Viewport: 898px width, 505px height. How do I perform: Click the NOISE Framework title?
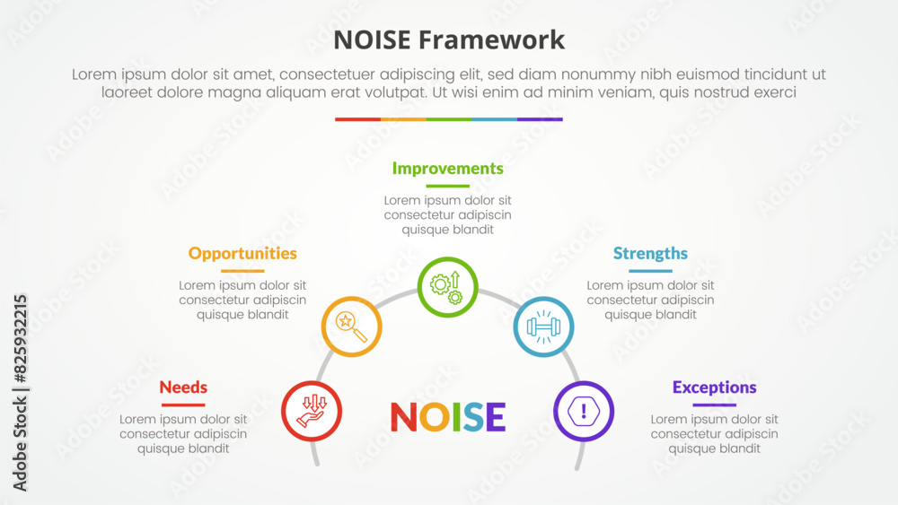449,40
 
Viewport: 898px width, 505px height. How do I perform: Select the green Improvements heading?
448,169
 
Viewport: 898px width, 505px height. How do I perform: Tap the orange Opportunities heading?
242,253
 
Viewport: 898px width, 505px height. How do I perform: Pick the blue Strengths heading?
650,253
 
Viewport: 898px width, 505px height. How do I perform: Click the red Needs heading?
183,387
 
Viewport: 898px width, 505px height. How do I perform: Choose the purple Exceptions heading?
714,387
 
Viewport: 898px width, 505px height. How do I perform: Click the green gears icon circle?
448,287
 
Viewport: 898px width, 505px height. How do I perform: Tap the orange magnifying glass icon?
352,327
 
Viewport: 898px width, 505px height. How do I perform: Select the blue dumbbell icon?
543,327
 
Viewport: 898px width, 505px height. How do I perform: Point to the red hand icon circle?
312,411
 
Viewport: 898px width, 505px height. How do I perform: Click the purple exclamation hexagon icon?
584,411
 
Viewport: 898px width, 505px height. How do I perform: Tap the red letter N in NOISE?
404,417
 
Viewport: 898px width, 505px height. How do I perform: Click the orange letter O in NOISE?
434,417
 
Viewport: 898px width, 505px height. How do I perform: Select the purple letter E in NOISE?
496,417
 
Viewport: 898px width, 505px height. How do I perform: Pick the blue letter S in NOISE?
473,417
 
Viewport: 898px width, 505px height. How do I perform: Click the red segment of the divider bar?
358,119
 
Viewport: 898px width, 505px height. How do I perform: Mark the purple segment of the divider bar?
540,119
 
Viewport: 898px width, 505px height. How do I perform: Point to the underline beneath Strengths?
650,271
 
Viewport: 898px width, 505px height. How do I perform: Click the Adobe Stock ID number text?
20,338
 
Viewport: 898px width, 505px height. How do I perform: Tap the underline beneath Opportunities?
242,271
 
